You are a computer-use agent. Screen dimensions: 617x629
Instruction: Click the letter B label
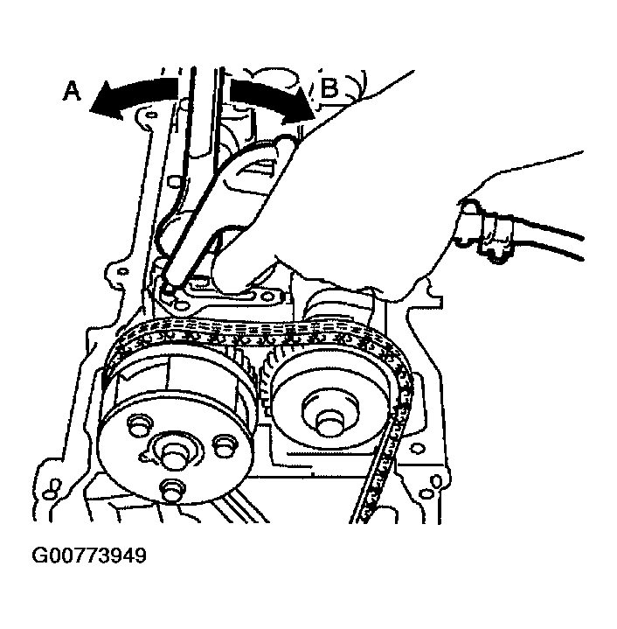(x=329, y=87)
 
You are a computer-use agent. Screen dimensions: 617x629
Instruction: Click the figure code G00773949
(x=89, y=556)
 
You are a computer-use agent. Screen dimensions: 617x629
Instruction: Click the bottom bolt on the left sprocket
(x=172, y=489)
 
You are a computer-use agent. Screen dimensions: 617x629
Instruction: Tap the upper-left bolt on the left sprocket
(x=139, y=426)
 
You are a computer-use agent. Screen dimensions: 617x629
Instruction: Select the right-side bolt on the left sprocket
(x=225, y=445)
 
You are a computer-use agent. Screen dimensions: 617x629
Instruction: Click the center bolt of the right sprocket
(x=330, y=422)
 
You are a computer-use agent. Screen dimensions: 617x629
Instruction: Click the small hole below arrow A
(x=151, y=115)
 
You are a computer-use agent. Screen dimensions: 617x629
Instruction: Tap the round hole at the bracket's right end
(x=265, y=297)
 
